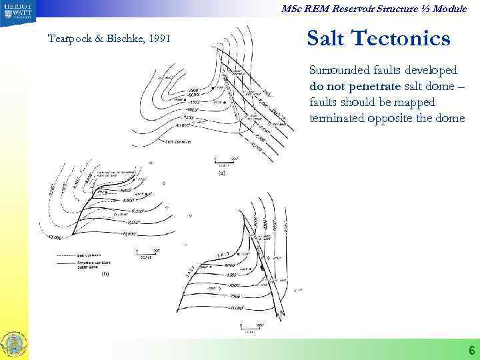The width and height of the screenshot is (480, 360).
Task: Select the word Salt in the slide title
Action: [327, 38]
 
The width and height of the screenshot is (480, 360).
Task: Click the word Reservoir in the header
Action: [369, 7]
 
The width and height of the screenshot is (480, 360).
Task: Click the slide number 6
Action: [471, 351]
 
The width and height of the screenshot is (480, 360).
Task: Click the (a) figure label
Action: [223, 173]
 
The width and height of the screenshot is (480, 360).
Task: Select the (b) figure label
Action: [105, 274]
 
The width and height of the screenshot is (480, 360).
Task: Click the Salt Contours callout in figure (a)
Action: [179, 142]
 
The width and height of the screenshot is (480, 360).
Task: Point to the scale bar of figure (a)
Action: [222, 161]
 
